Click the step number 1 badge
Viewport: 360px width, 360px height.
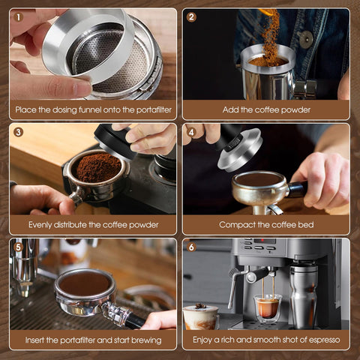click(x=19, y=16)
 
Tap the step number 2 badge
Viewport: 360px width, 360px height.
click(x=191, y=16)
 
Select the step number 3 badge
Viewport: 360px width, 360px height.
click(x=19, y=132)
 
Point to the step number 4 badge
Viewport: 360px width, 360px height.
click(x=191, y=132)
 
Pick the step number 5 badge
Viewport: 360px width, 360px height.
click(x=19, y=247)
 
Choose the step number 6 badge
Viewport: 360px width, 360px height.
click(x=191, y=247)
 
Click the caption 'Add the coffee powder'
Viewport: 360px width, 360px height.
click(x=266, y=109)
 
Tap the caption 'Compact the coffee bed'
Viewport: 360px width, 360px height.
click(x=266, y=224)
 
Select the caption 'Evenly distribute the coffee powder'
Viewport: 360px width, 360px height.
click(x=94, y=224)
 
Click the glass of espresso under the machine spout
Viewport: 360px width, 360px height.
click(x=266, y=307)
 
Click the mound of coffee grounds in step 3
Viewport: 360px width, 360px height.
click(x=97, y=166)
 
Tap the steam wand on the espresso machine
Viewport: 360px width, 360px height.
click(x=234, y=285)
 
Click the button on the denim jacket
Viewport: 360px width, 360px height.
click(x=307, y=38)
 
